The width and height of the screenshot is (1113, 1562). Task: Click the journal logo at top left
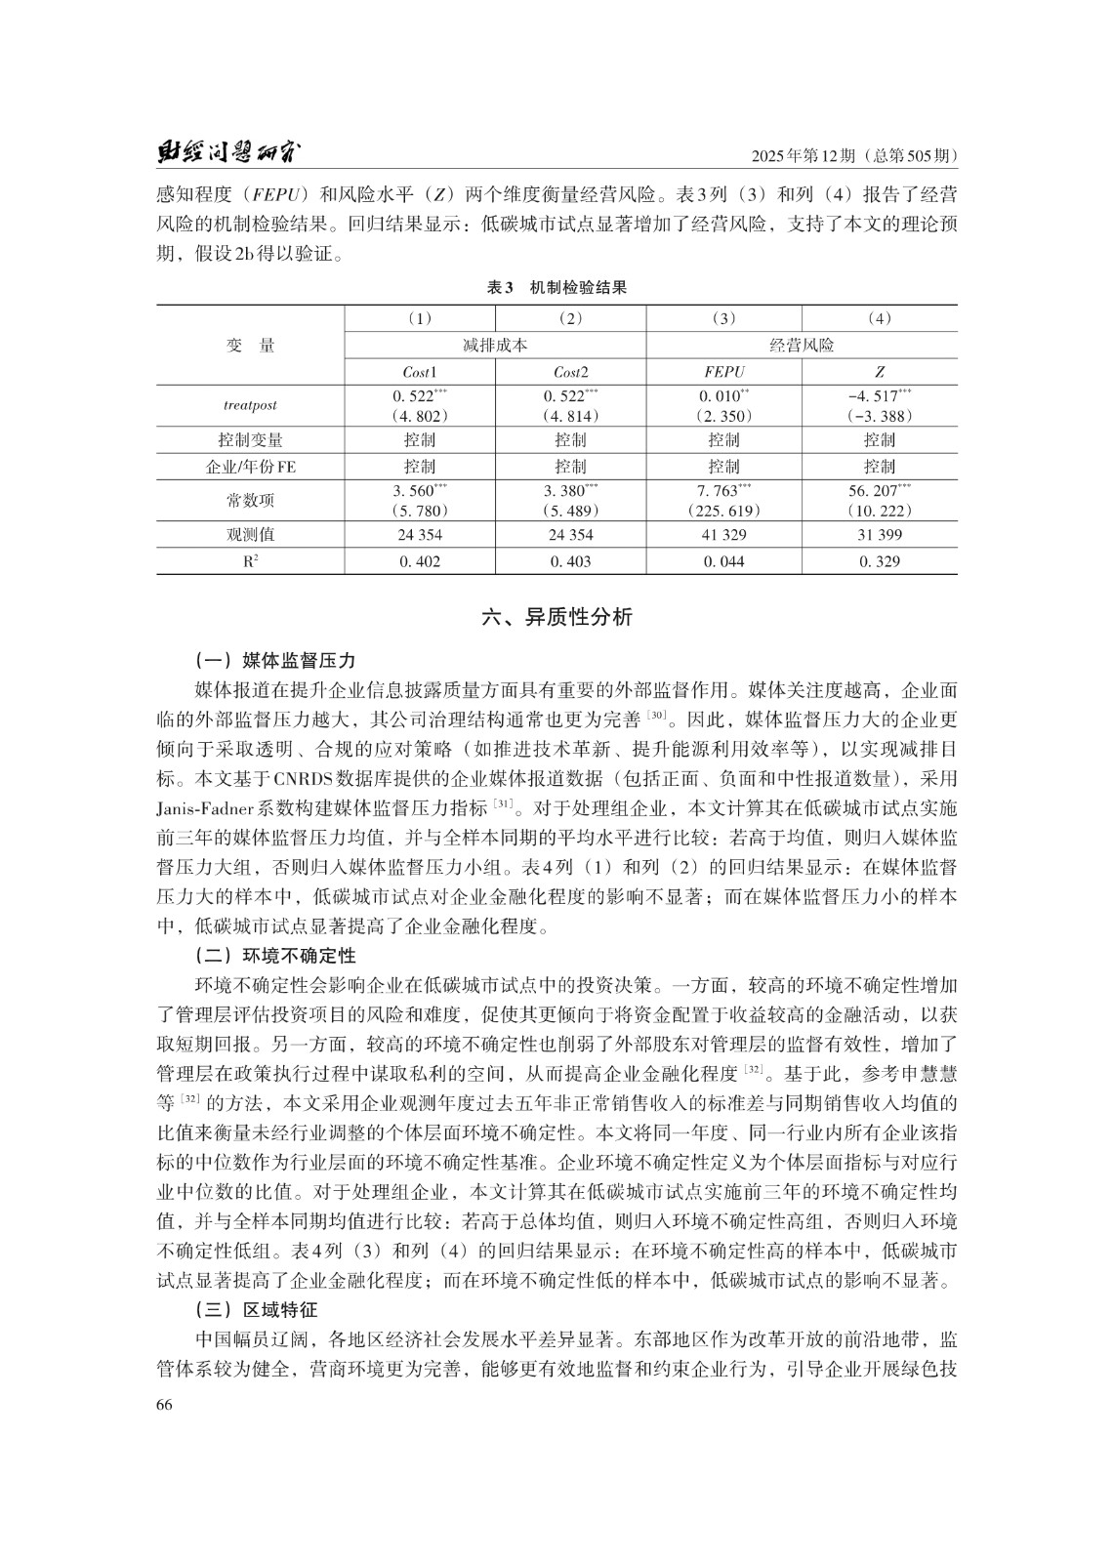click(230, 153)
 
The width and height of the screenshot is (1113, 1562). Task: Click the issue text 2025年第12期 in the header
click(804, 156)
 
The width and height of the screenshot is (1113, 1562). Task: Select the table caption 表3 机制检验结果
click(556, 287)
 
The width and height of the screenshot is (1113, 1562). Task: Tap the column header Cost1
click(420, 372)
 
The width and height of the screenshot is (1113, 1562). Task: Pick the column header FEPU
click(723, 372)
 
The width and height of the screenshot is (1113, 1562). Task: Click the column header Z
click(879, 372)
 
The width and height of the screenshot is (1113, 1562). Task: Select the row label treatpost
click(250, 405)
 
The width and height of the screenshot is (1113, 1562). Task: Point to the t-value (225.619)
click(723, 511)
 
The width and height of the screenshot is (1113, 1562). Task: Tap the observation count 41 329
click(723, 535)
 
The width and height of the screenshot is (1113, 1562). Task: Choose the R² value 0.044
click(723, 561)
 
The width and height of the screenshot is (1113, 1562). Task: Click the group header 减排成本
click(495, 346)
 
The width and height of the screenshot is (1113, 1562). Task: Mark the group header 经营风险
click(802, 346)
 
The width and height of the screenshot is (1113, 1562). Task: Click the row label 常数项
click(250, 501)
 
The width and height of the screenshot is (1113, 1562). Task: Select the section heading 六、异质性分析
click(556, 617)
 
